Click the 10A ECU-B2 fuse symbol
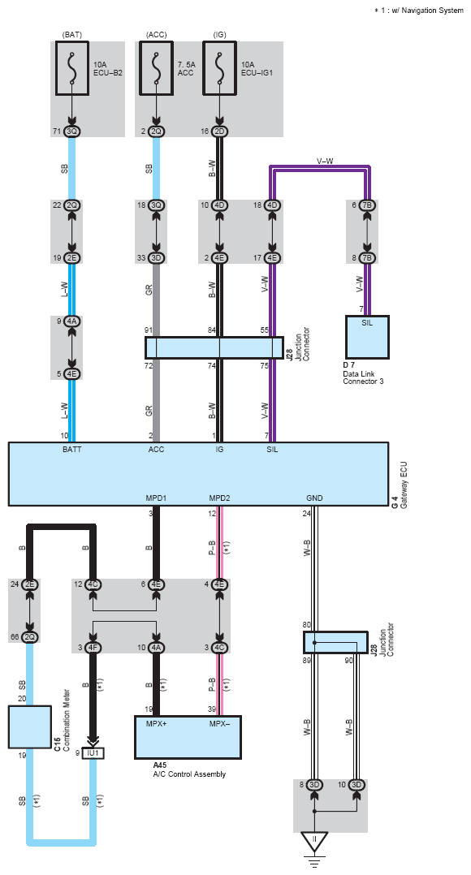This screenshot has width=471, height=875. click(72, 68)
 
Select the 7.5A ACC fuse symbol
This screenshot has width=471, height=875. click(156, 68)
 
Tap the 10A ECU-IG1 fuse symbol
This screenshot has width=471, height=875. click(219, 68)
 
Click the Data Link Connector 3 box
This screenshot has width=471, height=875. click(367, 337)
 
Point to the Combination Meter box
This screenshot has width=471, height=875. click(30, 726)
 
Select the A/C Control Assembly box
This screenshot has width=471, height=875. click(188, 737)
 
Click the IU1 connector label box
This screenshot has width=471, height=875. click(93, 753)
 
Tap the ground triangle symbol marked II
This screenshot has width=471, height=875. click(314, 842)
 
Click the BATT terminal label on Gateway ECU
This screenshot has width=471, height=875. click(72, 449)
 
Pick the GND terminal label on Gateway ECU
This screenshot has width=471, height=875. click(314, 498)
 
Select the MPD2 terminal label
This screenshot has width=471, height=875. click(219, 498)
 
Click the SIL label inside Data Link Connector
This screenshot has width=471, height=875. click(367, 324)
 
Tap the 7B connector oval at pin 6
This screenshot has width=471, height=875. click(367, 205)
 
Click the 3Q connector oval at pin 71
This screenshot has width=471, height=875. click(72, 131)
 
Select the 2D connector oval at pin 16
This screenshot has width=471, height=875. click(219, 131)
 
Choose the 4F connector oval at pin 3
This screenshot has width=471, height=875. click(93, 648)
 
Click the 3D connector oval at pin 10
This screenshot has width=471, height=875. click(356, 785)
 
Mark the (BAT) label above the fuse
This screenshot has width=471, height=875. click(72, 35)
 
